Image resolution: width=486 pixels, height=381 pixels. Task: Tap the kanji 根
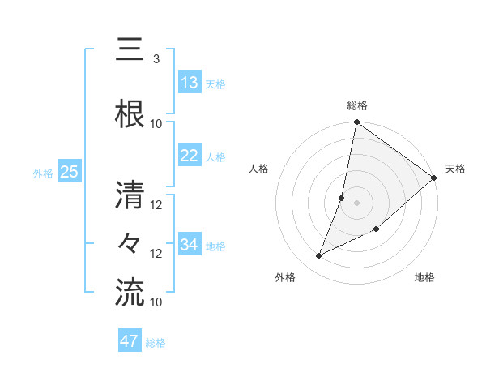click(130, 113)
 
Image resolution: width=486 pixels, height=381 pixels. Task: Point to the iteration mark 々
click(130, 243)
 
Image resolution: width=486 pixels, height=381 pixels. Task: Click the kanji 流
click(130, 292)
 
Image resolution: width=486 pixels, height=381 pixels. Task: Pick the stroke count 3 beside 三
click(156, 59)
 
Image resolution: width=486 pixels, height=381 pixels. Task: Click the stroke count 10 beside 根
click(156, 124)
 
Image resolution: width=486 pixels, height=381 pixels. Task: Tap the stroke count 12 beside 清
click(156, 205)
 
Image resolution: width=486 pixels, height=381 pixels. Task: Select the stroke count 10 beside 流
click(156, 302)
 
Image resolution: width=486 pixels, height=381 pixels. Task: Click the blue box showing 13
click(190, 83)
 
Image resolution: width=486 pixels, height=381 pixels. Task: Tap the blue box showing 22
click(190, 156)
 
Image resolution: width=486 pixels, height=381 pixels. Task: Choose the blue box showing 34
click(190, 245)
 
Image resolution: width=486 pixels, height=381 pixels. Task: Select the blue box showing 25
click(69, 172)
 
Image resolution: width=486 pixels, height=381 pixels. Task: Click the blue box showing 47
click(130, 341)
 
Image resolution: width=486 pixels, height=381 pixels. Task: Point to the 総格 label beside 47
click(156, 343)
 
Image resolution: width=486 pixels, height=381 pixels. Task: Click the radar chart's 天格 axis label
click(455, 169)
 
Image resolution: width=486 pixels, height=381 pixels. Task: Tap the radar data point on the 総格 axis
click(356, 122)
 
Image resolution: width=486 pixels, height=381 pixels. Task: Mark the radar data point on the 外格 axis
click(319, 256)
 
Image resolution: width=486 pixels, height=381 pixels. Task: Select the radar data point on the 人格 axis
click(342, 198)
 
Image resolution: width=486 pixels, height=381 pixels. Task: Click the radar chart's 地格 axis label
click(424, 278)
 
